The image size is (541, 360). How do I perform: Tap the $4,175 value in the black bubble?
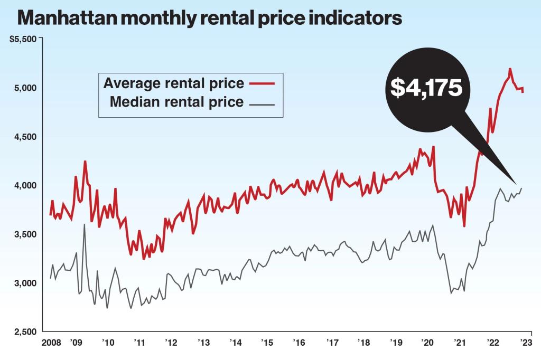pyautogui.click(x=426, y=88)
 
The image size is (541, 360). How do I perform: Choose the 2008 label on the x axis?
pyautogui.click(x=51, y=343)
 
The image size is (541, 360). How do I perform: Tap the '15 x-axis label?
pyautogui.click(x=267, y=343)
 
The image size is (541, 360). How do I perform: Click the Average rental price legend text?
pyautogui.click(x=174, y=83)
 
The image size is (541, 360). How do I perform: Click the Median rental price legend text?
pyautogui.click(x=177, y=102)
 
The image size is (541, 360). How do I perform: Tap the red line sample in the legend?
pyautogui.click(x=262, y=83)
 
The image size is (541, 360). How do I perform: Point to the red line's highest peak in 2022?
pyautogui.click(x=510, y=69)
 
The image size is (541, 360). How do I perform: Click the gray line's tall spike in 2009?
pyautogui.click(x=85, y=225)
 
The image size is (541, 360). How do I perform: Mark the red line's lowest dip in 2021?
pyautogui.click(x=464, y=226)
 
